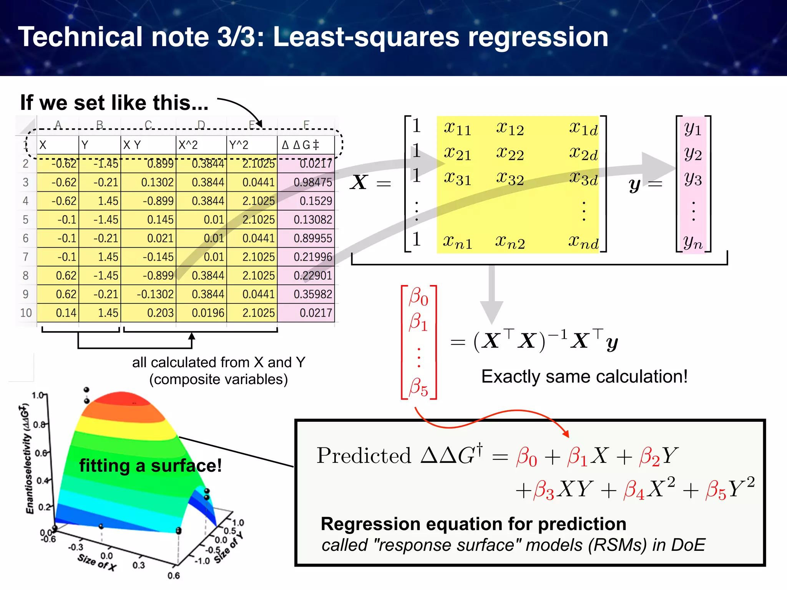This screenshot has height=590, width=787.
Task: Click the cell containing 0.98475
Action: click(x=306, y=182)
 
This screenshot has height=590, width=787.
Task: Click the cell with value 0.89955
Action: click(x=306, y=238)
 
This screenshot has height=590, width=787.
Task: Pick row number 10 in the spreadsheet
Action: click(x=26, y=313)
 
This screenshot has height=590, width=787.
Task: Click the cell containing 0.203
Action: click(x=148, y=313)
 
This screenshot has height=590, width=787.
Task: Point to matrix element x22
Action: click(x=510, y=154)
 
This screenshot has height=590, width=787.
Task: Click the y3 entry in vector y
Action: click(x=693, y=179)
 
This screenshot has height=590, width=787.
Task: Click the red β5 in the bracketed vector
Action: click(x=418, y=387)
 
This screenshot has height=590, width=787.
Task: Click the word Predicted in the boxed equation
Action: click(x=364, y=456)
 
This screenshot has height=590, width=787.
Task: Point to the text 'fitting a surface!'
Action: click(x=150, y=466)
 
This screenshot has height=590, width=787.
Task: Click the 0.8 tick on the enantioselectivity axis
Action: click(x=39, y=425)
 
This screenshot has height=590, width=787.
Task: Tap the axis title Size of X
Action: click(x=96, y=562)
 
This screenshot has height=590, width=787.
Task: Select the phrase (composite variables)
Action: click(x=218, y=380)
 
